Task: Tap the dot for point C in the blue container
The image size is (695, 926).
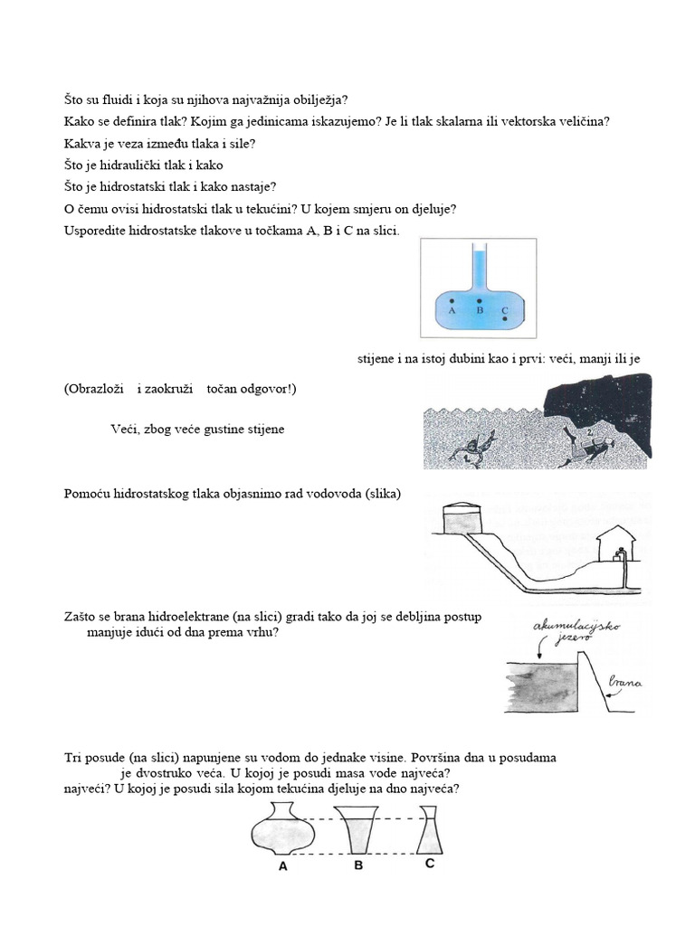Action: [504, 319]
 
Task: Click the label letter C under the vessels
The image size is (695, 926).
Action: [430, 864]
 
